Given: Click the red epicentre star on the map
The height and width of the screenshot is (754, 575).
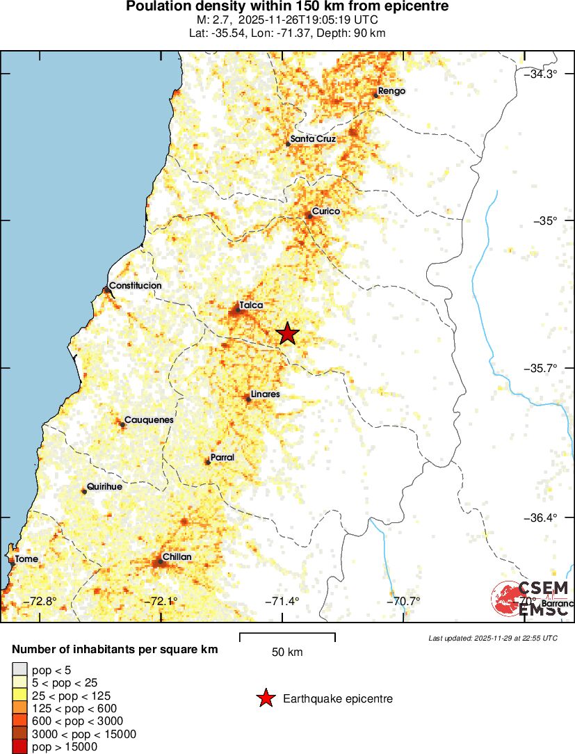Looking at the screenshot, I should (288, 334).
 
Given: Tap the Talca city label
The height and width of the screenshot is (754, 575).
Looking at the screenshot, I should (251, 305).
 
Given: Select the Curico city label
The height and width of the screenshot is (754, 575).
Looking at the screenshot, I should (325, 211).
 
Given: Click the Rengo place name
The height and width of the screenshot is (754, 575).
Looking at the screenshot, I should (391, 90).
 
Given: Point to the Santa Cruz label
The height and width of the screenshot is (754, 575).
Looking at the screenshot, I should (313, 139).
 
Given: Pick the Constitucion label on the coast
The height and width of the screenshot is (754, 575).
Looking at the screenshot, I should (136, 285).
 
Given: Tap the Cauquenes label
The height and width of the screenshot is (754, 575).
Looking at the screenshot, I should (149, 420).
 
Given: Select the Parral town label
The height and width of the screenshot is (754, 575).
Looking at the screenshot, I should (222, 457).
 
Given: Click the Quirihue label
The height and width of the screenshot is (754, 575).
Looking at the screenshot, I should (104, 487).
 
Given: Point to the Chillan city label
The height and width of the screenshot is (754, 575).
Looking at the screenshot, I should (177, 557).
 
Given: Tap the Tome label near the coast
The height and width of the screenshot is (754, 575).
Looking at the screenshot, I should (27, 559).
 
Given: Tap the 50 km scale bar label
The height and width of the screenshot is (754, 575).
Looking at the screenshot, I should (287, 652).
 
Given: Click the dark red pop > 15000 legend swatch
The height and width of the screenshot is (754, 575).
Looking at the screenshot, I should (18, 746).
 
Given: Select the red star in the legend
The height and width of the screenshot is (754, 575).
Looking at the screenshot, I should (265, 698).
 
